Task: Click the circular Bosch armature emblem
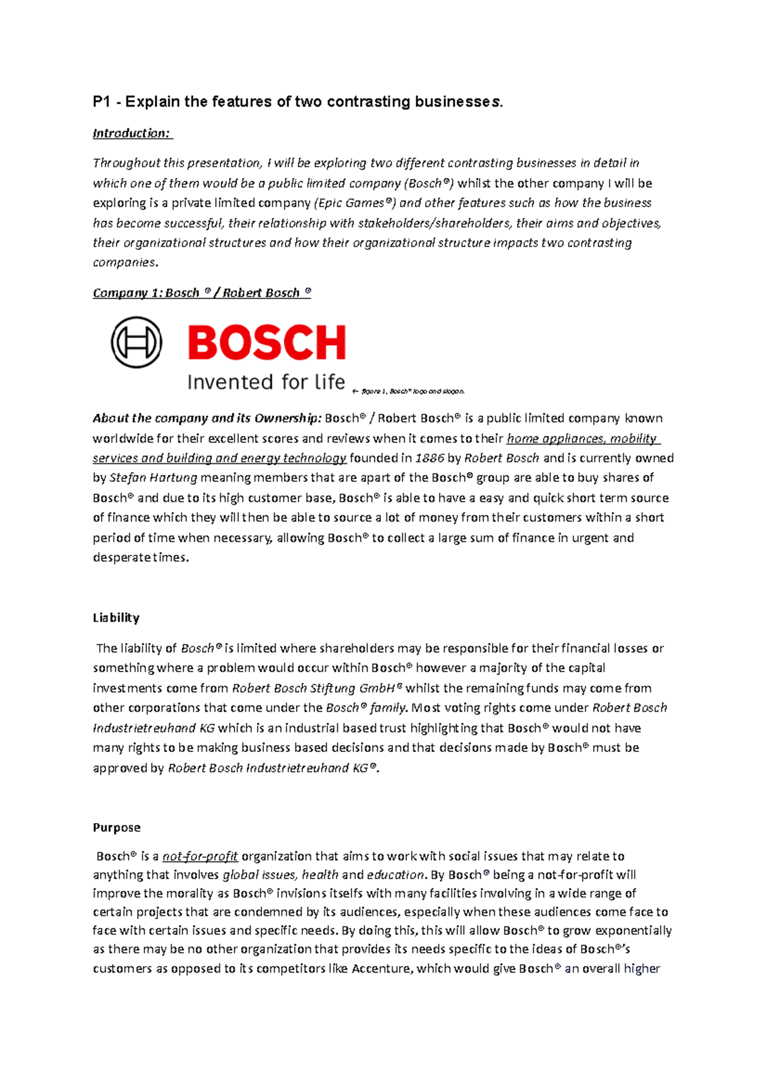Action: (x=136, y=342)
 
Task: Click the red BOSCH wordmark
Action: (x=267, y=342)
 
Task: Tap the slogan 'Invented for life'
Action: (x=266, y=382)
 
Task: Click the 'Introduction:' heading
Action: (x=132, y=133)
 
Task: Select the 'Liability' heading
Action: (x=116, y=618)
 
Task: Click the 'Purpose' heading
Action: (x=116, y=827)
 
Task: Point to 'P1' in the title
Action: (x=102, y=102)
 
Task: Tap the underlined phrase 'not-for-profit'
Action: (x=200, y=856)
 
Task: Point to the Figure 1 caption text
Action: (x=412, y=391)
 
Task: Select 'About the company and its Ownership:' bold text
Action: (x=207, y=419)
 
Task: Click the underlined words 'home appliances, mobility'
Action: (x=582, y=438)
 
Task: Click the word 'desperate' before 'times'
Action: (x=120, y=557)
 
